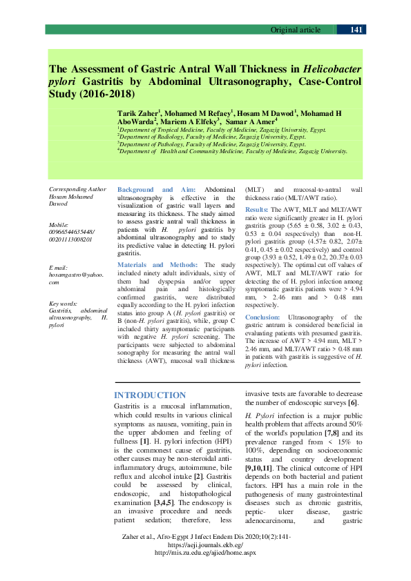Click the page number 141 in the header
[357, 30]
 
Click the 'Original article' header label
[295, 30]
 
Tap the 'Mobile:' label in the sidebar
[59, 225]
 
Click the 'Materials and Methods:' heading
[157, 265]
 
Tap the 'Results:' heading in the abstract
[257, 209]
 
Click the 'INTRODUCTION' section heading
[149, 395]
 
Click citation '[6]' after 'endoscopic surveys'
[352, 403]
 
